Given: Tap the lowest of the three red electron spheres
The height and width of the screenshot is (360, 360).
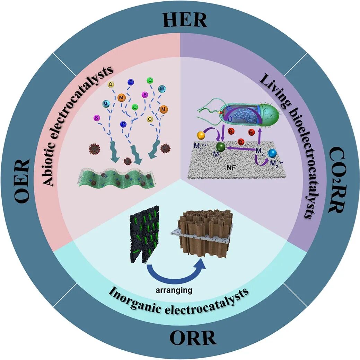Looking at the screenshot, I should click(x=240, y=141).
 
